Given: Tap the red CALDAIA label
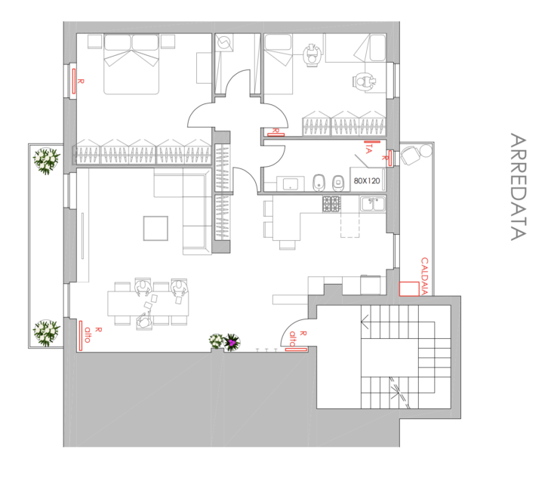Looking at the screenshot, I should pyautogui.click(x=424, y=276).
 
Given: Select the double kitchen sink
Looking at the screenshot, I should pyautogui.click(x=372, y=203).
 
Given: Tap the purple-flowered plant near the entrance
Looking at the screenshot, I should pyautogui.click(x=232, y=343).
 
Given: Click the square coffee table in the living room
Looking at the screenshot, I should pyautogui.click(x=157, y=228).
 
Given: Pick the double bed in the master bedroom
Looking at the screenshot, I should pyautogui.click(x=131, y=64).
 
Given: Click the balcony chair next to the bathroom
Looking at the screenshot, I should pyautogui.click(x=411, y=156).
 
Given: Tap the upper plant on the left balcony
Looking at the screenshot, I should pyautogui.click(x=47, y=160).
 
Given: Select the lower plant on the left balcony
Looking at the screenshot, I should pyautogui.click(x=47, y=331).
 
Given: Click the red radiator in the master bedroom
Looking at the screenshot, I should pyautogui.click(x=75, y=81).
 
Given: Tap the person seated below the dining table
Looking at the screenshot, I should pyautogui.click(x=144, y=321).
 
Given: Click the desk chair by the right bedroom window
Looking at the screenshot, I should pyautogui.click(x=365, y=81).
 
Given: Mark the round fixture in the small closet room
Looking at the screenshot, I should pyautogui.click(x=223, y=45).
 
